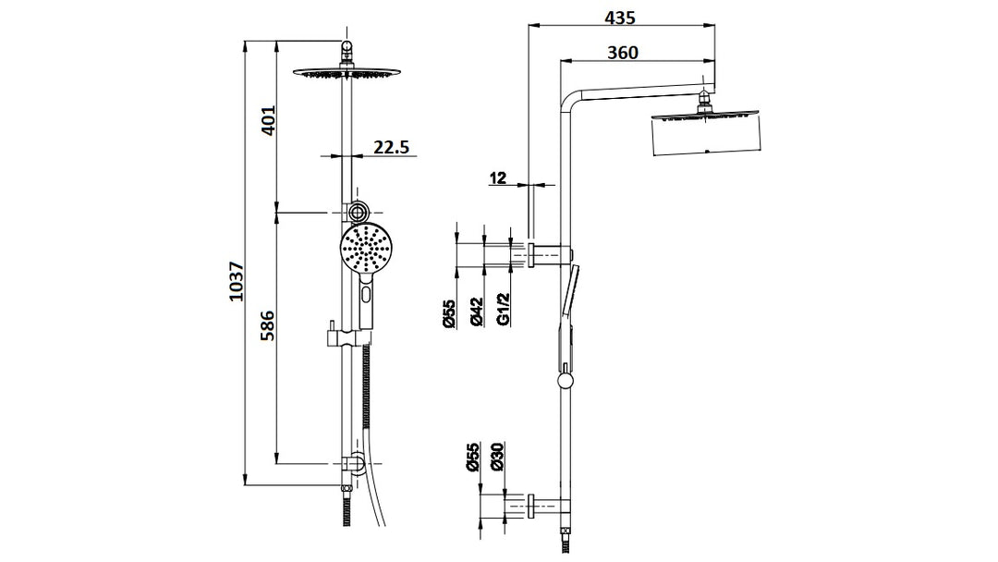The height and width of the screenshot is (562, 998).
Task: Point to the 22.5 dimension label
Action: click(392, 147)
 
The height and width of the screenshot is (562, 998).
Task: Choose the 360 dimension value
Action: click(623, 53)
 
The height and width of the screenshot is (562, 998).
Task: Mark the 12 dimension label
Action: click(499, 177)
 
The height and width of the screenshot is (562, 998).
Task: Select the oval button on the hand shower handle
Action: click(368, 297)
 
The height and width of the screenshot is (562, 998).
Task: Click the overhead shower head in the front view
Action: click(347, 74)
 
